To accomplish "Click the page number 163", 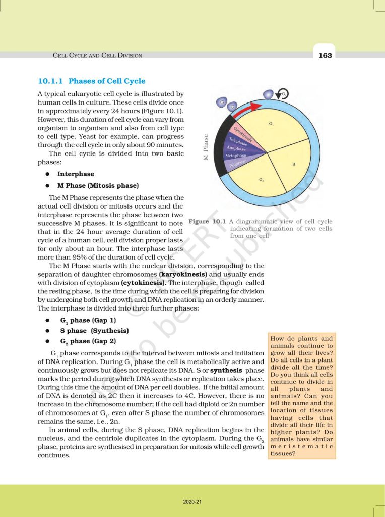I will [325, 55].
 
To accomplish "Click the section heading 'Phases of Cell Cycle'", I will [106, 81].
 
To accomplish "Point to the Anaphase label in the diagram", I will [236, 149].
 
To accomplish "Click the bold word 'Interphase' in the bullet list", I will [76, 174].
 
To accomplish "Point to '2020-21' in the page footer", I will [192, 502].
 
